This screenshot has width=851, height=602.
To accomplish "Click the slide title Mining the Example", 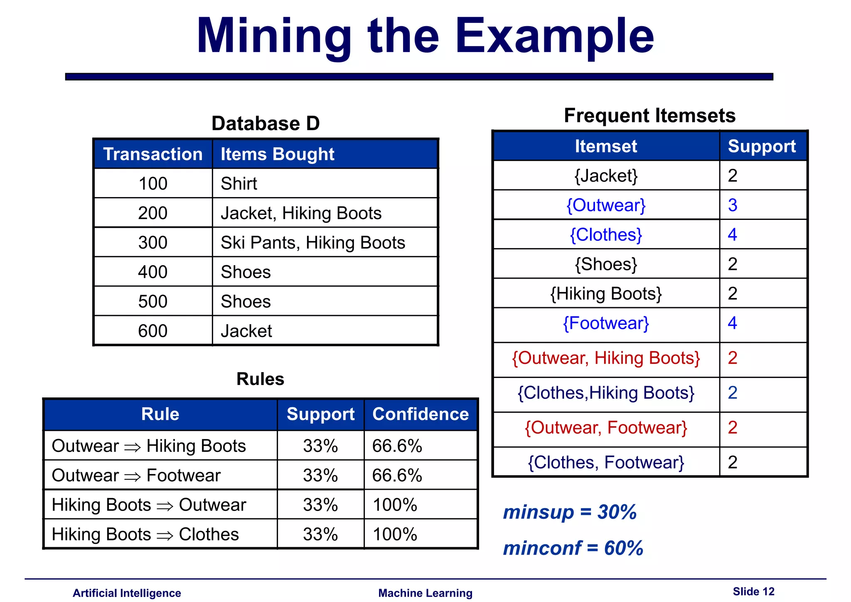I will click(425, 37).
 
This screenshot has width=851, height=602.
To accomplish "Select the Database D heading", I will click(266, 123).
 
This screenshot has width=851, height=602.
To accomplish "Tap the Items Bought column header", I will click(277, 154).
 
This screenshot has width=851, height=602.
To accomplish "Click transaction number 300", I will click(152, 242).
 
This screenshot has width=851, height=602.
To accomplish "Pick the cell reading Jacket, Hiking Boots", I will click(301, 213).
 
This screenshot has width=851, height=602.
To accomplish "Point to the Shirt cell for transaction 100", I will click(239, 184).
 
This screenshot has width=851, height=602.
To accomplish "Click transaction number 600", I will click(152, 331).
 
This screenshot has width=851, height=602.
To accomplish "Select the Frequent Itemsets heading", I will click(649, 116).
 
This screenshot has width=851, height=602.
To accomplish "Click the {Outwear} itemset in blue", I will click(606, 205).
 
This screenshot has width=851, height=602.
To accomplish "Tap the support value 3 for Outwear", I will click(733, 205).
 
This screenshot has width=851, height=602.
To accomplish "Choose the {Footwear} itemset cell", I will click(606, 323).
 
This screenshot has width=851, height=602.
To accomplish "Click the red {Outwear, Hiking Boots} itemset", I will click(606, 358).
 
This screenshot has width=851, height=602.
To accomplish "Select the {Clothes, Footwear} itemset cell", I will click(606, 462).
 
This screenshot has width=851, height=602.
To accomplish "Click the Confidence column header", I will click(421, 414).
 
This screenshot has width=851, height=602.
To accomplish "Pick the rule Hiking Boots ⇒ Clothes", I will click(145, 535).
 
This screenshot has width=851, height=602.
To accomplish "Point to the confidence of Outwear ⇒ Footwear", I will click(397, 476).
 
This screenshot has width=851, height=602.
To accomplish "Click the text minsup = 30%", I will click(570, 512).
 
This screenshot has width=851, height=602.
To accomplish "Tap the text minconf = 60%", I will click(573, 548).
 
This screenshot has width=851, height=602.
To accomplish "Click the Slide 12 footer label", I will click(753, 592).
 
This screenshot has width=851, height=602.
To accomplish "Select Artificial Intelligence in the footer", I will click(127, 593).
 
